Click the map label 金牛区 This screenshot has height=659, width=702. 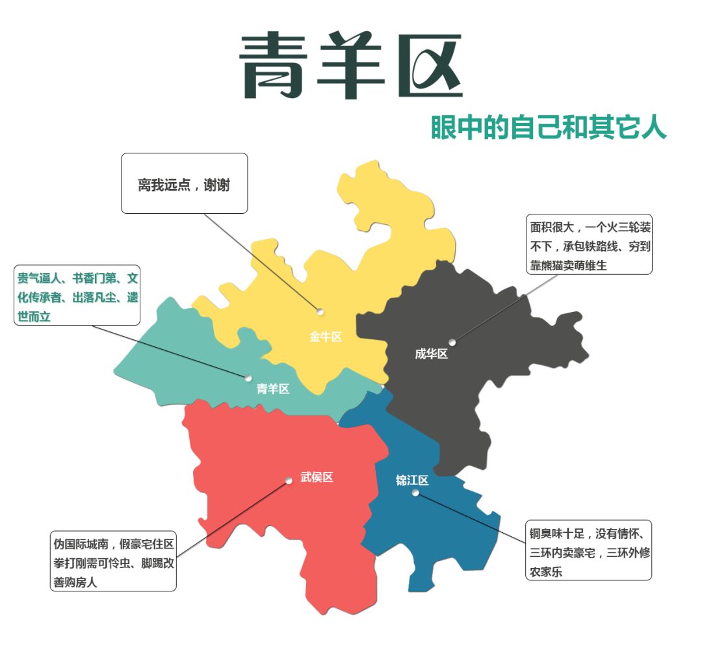point(325,337)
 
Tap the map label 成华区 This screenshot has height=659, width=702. point(432,354)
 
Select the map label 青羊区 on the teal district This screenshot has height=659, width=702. point(272,389)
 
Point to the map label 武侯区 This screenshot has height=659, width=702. point(317,477)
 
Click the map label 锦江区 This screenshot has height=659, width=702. point(412,480)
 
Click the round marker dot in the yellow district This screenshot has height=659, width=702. point(320,311)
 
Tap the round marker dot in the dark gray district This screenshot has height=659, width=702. point(452,342)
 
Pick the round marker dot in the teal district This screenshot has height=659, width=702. point(248,378)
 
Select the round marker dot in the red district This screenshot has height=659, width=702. point(289,481)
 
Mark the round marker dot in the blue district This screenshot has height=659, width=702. point(415,493)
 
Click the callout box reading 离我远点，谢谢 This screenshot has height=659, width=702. point(184,183)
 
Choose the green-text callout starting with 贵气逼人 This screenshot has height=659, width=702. point(77,297)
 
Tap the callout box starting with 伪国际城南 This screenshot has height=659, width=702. point(114,562)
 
